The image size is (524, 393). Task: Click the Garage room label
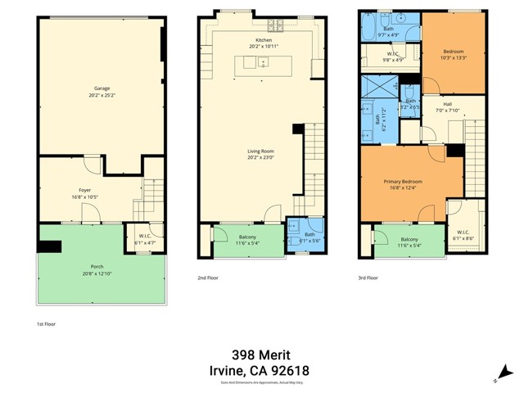pos(102,88)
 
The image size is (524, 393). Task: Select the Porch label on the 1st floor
pos(97,266)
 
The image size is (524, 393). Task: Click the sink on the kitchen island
pos(264,62)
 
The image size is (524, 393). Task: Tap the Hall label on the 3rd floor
pos(447,104)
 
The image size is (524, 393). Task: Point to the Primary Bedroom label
pos(400,182)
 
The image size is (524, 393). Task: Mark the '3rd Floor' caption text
pos(368,278)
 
